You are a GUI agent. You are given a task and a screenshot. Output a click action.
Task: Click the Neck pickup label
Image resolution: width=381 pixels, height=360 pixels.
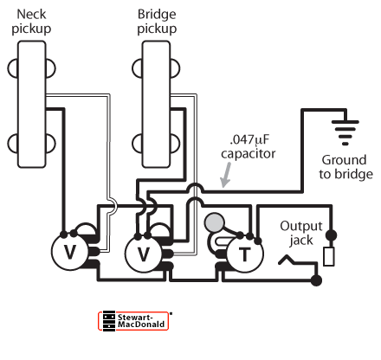point(31,22)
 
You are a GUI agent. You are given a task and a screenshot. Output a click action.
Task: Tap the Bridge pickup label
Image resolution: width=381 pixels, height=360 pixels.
point(157,22)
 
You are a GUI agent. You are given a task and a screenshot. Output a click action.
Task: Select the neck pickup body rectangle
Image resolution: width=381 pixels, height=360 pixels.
point(32,104)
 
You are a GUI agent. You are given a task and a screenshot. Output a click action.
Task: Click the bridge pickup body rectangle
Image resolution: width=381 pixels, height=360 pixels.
point(156,104)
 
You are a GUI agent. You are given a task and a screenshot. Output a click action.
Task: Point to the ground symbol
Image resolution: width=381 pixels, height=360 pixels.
point(345,132)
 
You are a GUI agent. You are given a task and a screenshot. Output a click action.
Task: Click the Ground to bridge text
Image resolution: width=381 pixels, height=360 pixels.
point(345,167)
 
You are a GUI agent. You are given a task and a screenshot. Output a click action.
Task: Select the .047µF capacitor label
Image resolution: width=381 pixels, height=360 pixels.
point(249,146)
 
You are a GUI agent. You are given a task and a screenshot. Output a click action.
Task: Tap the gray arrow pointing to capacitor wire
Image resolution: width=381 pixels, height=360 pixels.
point(226,175)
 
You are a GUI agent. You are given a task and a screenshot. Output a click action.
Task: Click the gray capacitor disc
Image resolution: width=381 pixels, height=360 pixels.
point(214,222)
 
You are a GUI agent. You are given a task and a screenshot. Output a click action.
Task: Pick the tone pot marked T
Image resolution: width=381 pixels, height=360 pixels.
point(245,254)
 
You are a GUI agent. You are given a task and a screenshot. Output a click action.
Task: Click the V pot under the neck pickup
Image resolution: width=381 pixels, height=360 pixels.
point(69,252)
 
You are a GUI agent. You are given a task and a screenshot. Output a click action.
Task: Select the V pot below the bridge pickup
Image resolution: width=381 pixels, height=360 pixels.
point(144,254)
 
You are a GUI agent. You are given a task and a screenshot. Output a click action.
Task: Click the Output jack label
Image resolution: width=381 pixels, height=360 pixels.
point(301,233)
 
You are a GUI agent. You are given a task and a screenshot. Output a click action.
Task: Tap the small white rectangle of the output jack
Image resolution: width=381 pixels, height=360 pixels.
point(329,256)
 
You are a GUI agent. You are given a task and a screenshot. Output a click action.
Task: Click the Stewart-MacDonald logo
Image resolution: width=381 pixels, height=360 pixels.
point(133,321)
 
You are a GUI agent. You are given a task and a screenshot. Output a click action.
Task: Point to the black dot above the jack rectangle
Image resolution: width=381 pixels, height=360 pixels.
point(331,235)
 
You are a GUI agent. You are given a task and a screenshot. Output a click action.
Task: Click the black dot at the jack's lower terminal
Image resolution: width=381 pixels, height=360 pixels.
point(316,280)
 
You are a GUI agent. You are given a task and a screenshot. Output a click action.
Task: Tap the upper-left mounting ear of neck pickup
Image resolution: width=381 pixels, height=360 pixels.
point(12,68)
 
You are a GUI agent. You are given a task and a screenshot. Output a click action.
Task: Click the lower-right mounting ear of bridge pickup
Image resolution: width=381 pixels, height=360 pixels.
point(175,144)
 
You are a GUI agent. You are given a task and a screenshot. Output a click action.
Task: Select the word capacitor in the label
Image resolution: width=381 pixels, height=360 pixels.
point(249,154)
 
